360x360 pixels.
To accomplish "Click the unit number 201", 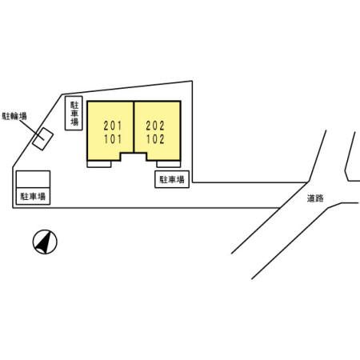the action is (x=113, y=126).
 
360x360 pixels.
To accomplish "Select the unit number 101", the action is (x=113, y=139).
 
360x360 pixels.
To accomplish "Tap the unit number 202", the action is (x=155, y=126).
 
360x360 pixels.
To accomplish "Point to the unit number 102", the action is (x=155, y=139).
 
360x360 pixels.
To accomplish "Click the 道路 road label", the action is (x=315, y=198).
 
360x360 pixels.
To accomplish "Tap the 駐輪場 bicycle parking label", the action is (x=14, y=116).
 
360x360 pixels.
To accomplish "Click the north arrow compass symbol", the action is (x=45, y=242).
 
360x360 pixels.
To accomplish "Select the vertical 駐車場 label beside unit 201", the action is (x=74, y=113).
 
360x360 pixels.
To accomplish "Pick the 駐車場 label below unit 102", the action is (x=172, y=179).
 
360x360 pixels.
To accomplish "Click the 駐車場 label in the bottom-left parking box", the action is (x=33, y=197).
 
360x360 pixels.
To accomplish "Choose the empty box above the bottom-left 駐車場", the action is (x=33, y=179).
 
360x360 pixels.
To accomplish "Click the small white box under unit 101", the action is (x=99, y=164).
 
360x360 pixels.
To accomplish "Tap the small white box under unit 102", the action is (x=169, y=164).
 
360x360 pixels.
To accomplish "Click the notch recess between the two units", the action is (x=134, y=157).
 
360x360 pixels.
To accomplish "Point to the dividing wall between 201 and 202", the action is (x=134, y=127).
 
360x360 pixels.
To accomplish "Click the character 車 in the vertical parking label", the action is (x=74, y=113).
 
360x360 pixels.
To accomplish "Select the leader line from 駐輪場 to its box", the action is (x=31, y=130).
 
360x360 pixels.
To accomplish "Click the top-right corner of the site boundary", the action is (x=192, y=81).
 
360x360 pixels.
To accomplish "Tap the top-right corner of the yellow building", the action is (x=181, y=101).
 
